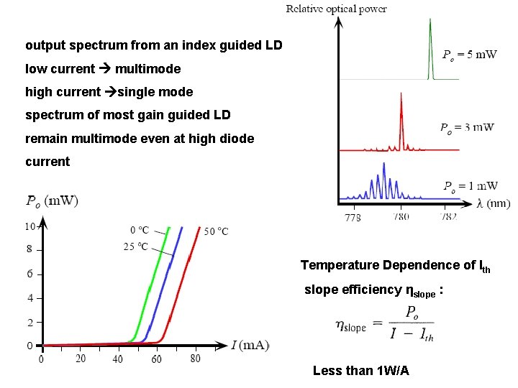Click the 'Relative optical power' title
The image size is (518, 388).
click(336, 9)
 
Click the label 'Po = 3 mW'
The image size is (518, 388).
click(467, 128)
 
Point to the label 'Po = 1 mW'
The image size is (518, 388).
click(470, 186)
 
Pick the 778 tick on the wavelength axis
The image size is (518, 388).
click(353, 216)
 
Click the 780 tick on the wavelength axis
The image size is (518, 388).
click(401, 216)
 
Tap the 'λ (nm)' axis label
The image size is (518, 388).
click(494, 203)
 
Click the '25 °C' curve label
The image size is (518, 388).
click(136, 246)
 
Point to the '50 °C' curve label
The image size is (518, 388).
click(215, 231)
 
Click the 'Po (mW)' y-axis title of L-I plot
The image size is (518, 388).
click(52, 200)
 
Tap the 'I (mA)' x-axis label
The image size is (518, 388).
click(250, 346)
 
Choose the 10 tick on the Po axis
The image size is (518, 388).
click(29, 226)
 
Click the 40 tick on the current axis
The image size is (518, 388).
click(117, 358)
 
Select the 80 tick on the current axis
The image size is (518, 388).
click(194, 358)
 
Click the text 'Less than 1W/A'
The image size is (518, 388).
click(360, 371)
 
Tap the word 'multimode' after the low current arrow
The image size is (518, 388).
click(147, 69)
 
